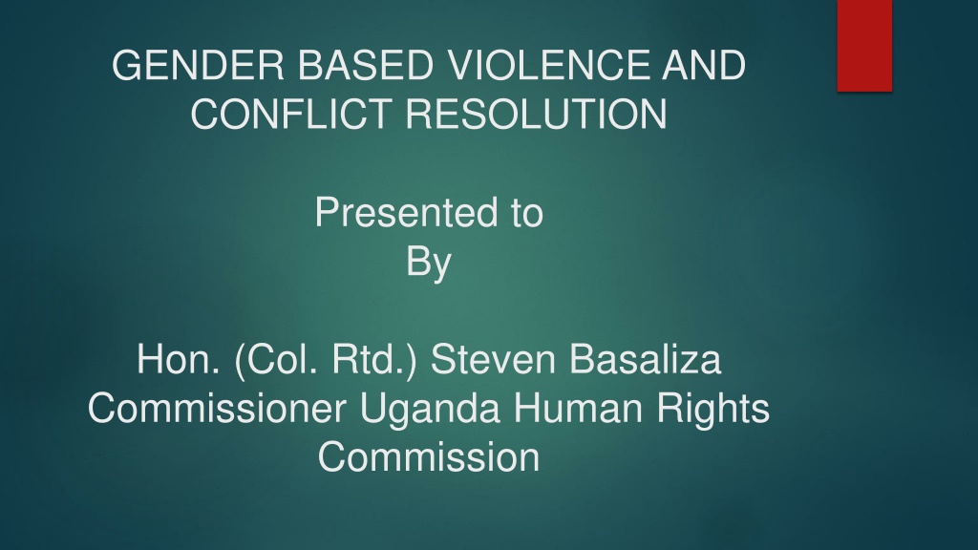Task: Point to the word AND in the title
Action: click(704, 66)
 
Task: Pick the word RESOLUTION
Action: click(537, 115)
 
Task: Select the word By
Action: click(429, 263)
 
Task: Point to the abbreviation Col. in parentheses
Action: click(277, 360)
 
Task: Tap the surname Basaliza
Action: click(645, 360)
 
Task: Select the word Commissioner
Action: click(217, 409)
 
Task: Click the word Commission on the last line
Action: click(429, 457)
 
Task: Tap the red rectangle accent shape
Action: click(864, 46)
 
